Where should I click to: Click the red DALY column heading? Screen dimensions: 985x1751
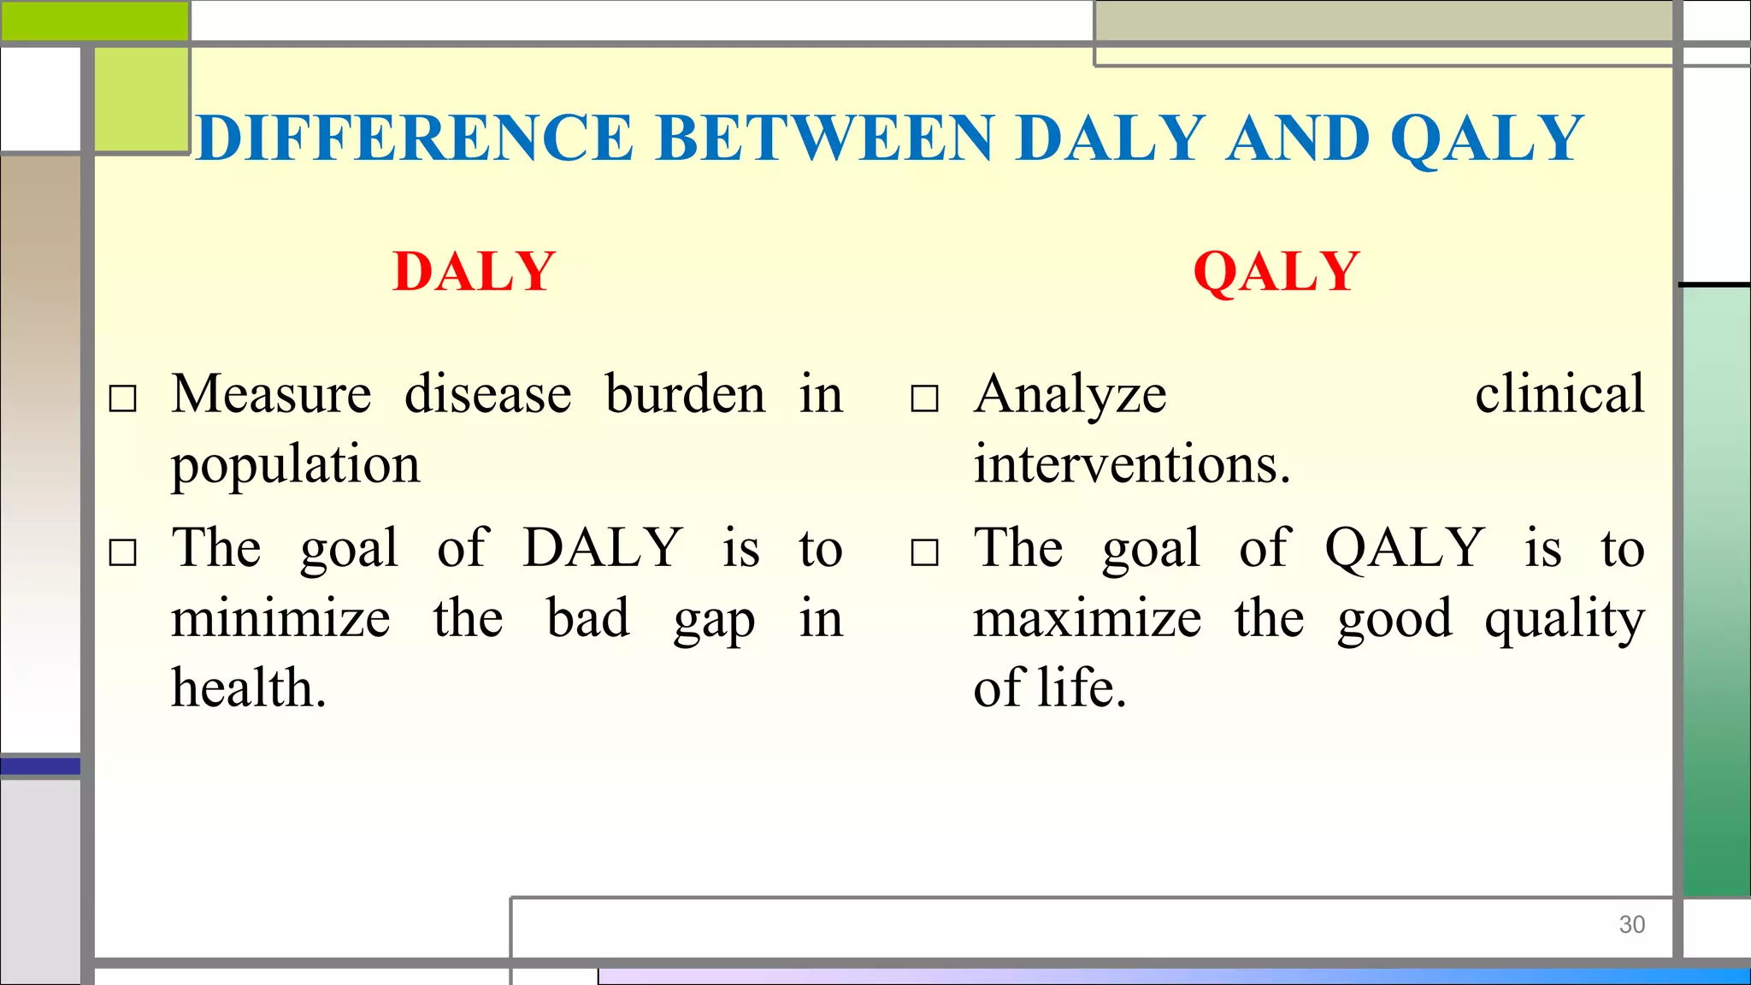tap(475, 272)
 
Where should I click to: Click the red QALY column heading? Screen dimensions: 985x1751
tap(1276, 272)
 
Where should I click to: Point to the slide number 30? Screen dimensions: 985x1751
tap(1631, 924)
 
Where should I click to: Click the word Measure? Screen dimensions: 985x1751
tap(271, 394)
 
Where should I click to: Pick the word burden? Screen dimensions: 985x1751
tap(685, 394)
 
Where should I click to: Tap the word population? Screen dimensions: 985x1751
tap(295, 466)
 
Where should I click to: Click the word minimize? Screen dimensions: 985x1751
tap(280, 618)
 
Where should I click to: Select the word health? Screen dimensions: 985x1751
tap(248, 687)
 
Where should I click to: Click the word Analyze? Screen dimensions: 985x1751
tap(1070, 396)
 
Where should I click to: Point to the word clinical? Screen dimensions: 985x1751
tap(1559, 394)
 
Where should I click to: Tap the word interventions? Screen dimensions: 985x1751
tap(1131, 464)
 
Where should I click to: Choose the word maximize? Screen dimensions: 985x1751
tap(1087, 618)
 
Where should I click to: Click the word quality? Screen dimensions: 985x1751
tap(1564, 620)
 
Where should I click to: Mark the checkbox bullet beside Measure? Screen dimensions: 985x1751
tap(123, 398)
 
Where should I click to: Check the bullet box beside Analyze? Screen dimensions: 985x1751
tap(924, 398)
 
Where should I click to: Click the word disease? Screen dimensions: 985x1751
tap(488, 394)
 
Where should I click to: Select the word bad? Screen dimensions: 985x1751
tap(588, 618)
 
